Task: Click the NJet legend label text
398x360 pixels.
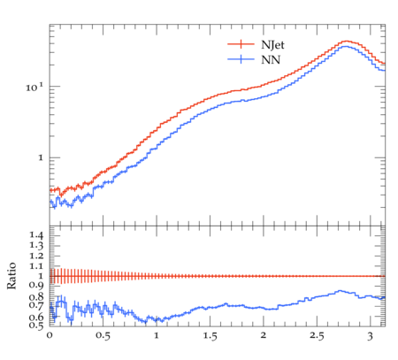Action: pyautogui.click(x=272, y=45)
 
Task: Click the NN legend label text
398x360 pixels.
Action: pyautogui.click(x=271, y=60)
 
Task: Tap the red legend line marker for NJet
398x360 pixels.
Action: pyautogui.click(x=241, y=44)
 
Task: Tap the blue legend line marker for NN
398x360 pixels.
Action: pyautogui.click(x=241, y=59)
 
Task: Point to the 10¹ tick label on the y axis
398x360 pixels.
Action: pyautogui.click(x=34, y=88)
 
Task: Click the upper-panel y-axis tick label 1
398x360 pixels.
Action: pyautogui.click(x=41, y=158)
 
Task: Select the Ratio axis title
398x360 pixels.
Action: pyautogui.click(x=11, y=276)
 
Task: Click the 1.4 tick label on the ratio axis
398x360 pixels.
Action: pyautogui.click(x=36, y=235)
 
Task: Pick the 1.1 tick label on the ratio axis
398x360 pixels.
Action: pyautogui.click(x=36, y=266)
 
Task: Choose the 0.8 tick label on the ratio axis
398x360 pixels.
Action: pyautogui.click(x=36, y=296)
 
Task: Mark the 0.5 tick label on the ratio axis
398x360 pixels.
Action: pyautogui.click(x=36, y=326)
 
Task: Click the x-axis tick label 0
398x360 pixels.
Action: pyautogui.click(x=50, y=335)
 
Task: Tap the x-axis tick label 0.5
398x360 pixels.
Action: pyautogui.click(x=103, y=336)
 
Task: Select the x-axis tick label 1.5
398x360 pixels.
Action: pyautogui.click(x=210, y=336)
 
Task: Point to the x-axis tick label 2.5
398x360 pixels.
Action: pyautogui.click(x=317, y=336)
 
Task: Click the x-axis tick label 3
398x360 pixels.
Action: pyautogui.click(x=370, y=336)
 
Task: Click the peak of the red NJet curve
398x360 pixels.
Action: pyautogui.click(x=347, y=42)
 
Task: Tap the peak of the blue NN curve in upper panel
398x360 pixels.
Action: pyautogui.click(x=344, y=46)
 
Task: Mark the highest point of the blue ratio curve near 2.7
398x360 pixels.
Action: pyautogui.click(x=340, y=291)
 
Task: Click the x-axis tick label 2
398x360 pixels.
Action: pyautogui.click(x=264, y=335)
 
